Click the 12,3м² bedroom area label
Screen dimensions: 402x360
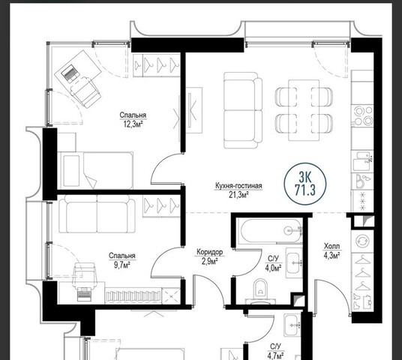coord(133,124)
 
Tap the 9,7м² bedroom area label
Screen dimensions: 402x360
coord(122,265)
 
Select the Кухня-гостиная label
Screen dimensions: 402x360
coord(238,186)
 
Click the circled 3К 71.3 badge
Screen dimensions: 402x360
coord(305,184)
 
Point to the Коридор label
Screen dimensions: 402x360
coord(210,252)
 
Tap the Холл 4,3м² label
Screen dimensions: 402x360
coord(332,251)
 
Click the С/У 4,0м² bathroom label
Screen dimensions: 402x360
coord(273,263)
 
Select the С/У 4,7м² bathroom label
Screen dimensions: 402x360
coord(275,352)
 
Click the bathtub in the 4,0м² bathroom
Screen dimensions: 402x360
coord(269,230)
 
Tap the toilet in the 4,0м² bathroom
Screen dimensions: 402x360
coord(260,291)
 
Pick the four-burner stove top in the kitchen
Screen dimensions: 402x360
coord(363,115)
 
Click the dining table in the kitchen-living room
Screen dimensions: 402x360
coord(304,110)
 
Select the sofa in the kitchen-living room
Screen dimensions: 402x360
coord(243,110)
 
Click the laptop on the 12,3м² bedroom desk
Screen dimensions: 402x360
coord(69,73)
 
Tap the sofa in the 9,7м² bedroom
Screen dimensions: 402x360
coord(97,214)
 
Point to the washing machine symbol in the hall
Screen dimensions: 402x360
coord(363,241)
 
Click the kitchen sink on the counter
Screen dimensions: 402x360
coord(362,161)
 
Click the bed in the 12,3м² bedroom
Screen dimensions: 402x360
coord(95,170)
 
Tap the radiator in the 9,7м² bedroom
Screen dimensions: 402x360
coord(133,296)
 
